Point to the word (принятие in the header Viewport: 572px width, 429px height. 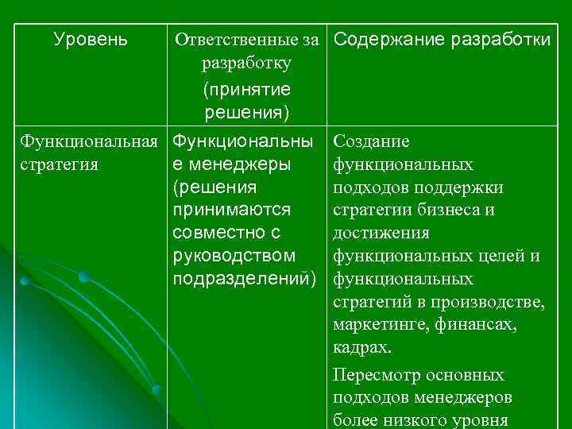[x=247, y=89]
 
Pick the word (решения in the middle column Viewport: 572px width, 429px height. [x=214, y=187]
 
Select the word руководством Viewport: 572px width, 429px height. [x=234, y=257]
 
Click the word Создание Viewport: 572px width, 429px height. [x=372, y=141]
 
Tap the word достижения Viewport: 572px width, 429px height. [x=381, y=234]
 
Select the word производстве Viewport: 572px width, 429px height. [x=488, y=303]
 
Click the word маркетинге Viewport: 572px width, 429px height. [x=379, y=326]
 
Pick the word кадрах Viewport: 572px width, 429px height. [x=362, y=349]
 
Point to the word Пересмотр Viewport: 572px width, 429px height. [x=377, y=374]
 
